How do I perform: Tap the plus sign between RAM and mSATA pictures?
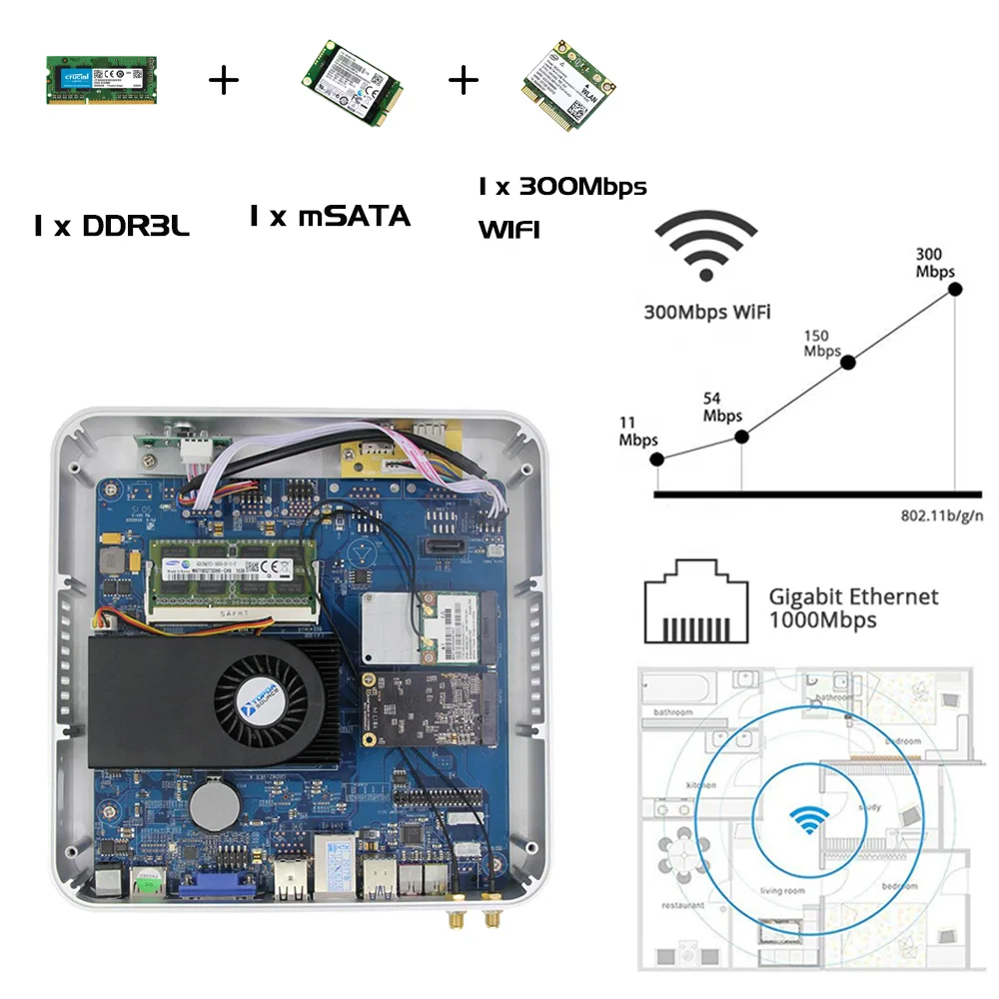tap(224, 80)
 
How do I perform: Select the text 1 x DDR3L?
tap(111, 227)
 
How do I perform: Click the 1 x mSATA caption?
tap(330, 215)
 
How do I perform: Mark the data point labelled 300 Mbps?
tap(955, 290)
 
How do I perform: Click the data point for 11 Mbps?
tap(656, 460)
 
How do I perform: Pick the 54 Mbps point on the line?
tap(741, 437)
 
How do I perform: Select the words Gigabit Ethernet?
tap(853, 597)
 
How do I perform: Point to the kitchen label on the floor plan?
tap(701, 785)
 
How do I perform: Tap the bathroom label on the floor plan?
tap(673, 712)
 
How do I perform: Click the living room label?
tap(782, 889)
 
